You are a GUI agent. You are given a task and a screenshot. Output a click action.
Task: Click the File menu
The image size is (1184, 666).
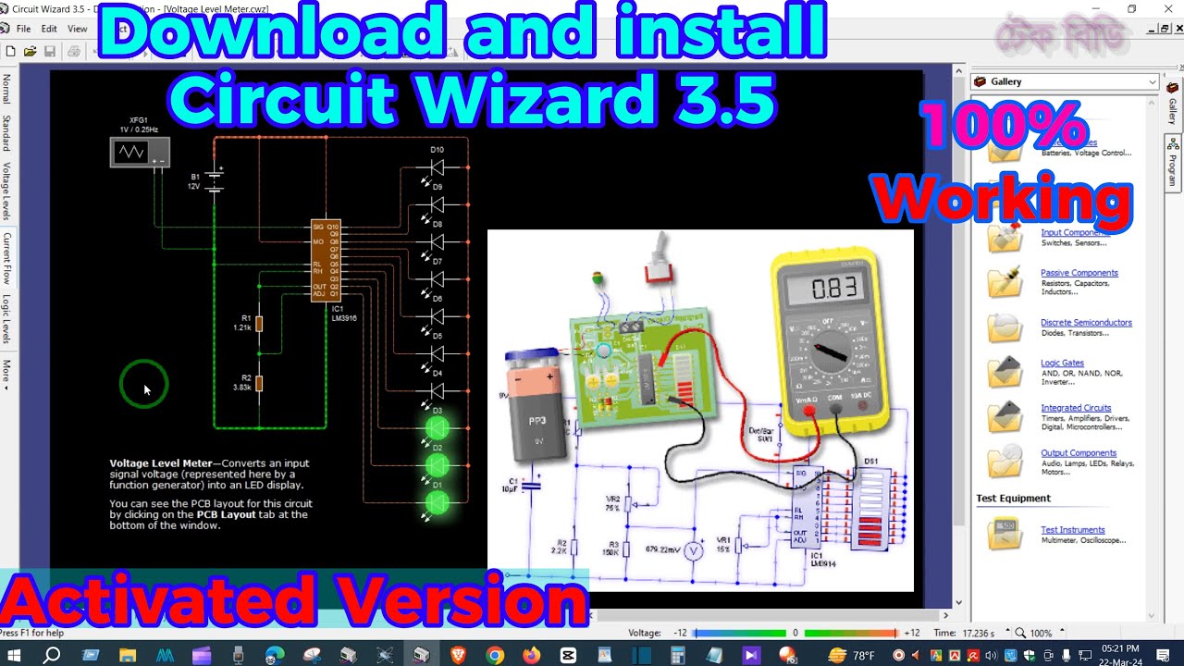click(23, 29)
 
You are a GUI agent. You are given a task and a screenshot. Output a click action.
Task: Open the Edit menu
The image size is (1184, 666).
click(49, 29)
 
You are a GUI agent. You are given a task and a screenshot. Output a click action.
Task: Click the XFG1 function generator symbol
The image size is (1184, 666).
click(140, 152)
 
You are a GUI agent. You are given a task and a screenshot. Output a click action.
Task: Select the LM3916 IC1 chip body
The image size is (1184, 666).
click(326, 260)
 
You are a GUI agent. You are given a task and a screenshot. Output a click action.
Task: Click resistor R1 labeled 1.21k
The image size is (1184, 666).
click(259, 324)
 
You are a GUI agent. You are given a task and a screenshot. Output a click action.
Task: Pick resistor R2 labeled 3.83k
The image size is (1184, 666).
click(259, 383)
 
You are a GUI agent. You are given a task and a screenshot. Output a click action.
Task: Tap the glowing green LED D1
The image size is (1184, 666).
click(437, 502)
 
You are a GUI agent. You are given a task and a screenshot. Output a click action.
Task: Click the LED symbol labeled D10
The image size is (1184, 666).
click(437, 167)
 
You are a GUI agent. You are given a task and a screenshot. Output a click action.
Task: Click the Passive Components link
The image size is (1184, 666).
click(1079, 273)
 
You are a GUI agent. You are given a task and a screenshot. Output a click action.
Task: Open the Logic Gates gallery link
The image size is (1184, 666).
click(1062, 363)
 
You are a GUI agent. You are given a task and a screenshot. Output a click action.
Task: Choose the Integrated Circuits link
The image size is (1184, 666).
click(1076, 408)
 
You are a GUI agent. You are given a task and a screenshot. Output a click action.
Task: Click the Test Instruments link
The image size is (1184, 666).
click(1072, 530)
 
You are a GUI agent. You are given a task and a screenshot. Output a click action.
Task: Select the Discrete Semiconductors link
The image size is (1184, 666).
click(1086, 323)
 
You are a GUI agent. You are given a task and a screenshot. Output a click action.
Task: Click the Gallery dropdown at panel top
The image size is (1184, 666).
click(1065, 81)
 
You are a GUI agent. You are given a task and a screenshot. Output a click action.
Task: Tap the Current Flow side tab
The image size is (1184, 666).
click(6, 258)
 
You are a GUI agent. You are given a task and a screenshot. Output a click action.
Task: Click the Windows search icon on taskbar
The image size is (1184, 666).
click(52, 655)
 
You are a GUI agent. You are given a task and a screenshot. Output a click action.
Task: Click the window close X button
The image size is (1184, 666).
click(1167, 9)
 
